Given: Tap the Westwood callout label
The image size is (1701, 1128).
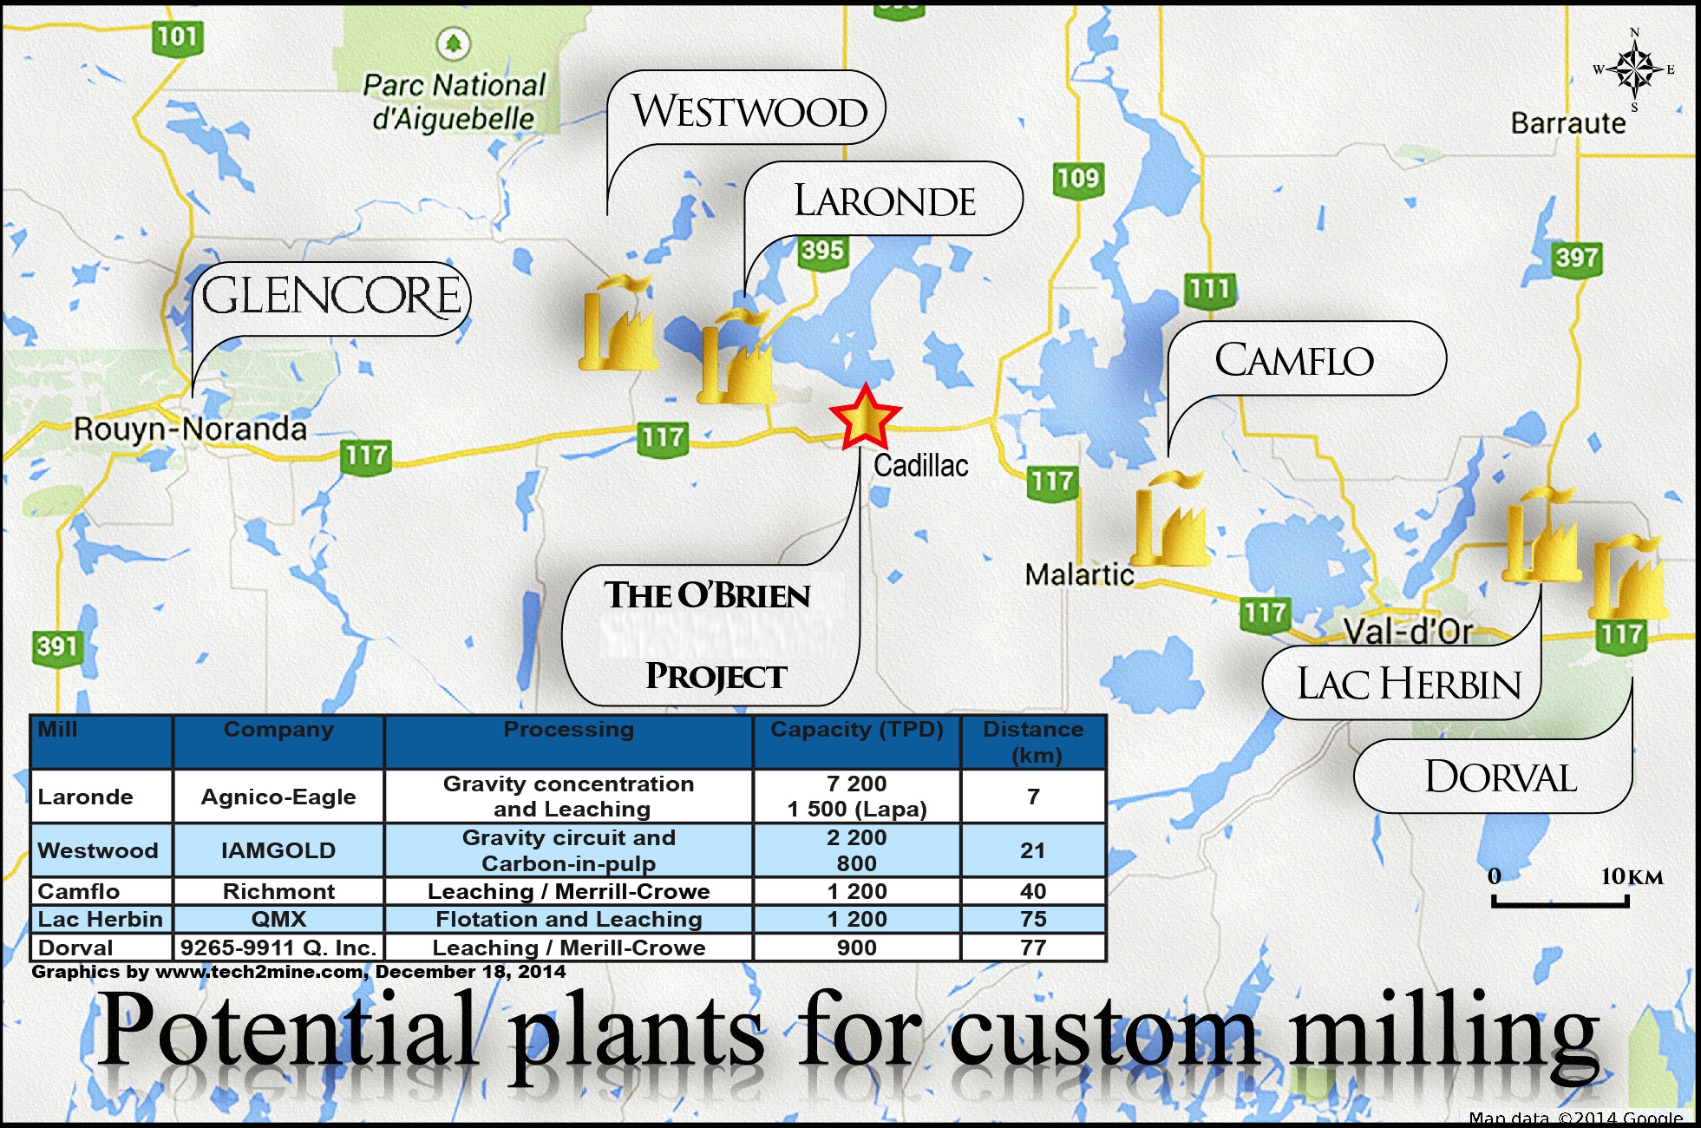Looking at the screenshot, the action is [x=749, y=111].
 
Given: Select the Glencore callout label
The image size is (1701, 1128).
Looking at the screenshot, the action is [x=331, y=297].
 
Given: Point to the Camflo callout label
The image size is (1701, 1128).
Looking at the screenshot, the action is [x=1294, y=360].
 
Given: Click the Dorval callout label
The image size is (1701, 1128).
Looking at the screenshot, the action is [x=1501, y=777].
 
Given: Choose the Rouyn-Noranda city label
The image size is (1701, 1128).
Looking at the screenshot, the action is [x=190, y=429].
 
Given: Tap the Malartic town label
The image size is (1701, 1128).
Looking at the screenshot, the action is [x=1079, y=574].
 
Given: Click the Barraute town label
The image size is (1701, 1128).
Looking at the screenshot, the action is [x=1568, y=123].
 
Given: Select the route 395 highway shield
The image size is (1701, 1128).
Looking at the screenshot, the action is [x=821, y=252].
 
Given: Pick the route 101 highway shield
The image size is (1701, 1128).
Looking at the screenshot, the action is [x=178, y=38].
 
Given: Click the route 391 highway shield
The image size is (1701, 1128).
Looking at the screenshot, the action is [x=57, y=647].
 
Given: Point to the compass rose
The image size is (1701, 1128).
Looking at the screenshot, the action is [x=1634, y=69].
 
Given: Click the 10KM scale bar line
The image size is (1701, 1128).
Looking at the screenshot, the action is [x=1560, y=902].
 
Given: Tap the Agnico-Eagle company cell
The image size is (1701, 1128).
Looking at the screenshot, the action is [x=278, y=797].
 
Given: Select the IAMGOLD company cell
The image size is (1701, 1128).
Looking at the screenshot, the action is [x=278, y=850].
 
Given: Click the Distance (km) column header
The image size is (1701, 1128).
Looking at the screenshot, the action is [x=1033, y=742].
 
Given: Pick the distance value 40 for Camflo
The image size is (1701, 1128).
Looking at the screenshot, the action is [x=1033, y=891].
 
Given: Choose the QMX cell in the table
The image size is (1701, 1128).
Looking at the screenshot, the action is [x=278, y=919].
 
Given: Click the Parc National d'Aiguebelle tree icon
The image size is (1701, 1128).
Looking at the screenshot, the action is [x=452, y=42].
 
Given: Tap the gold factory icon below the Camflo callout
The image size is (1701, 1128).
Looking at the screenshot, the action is [x=1169, y=518].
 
